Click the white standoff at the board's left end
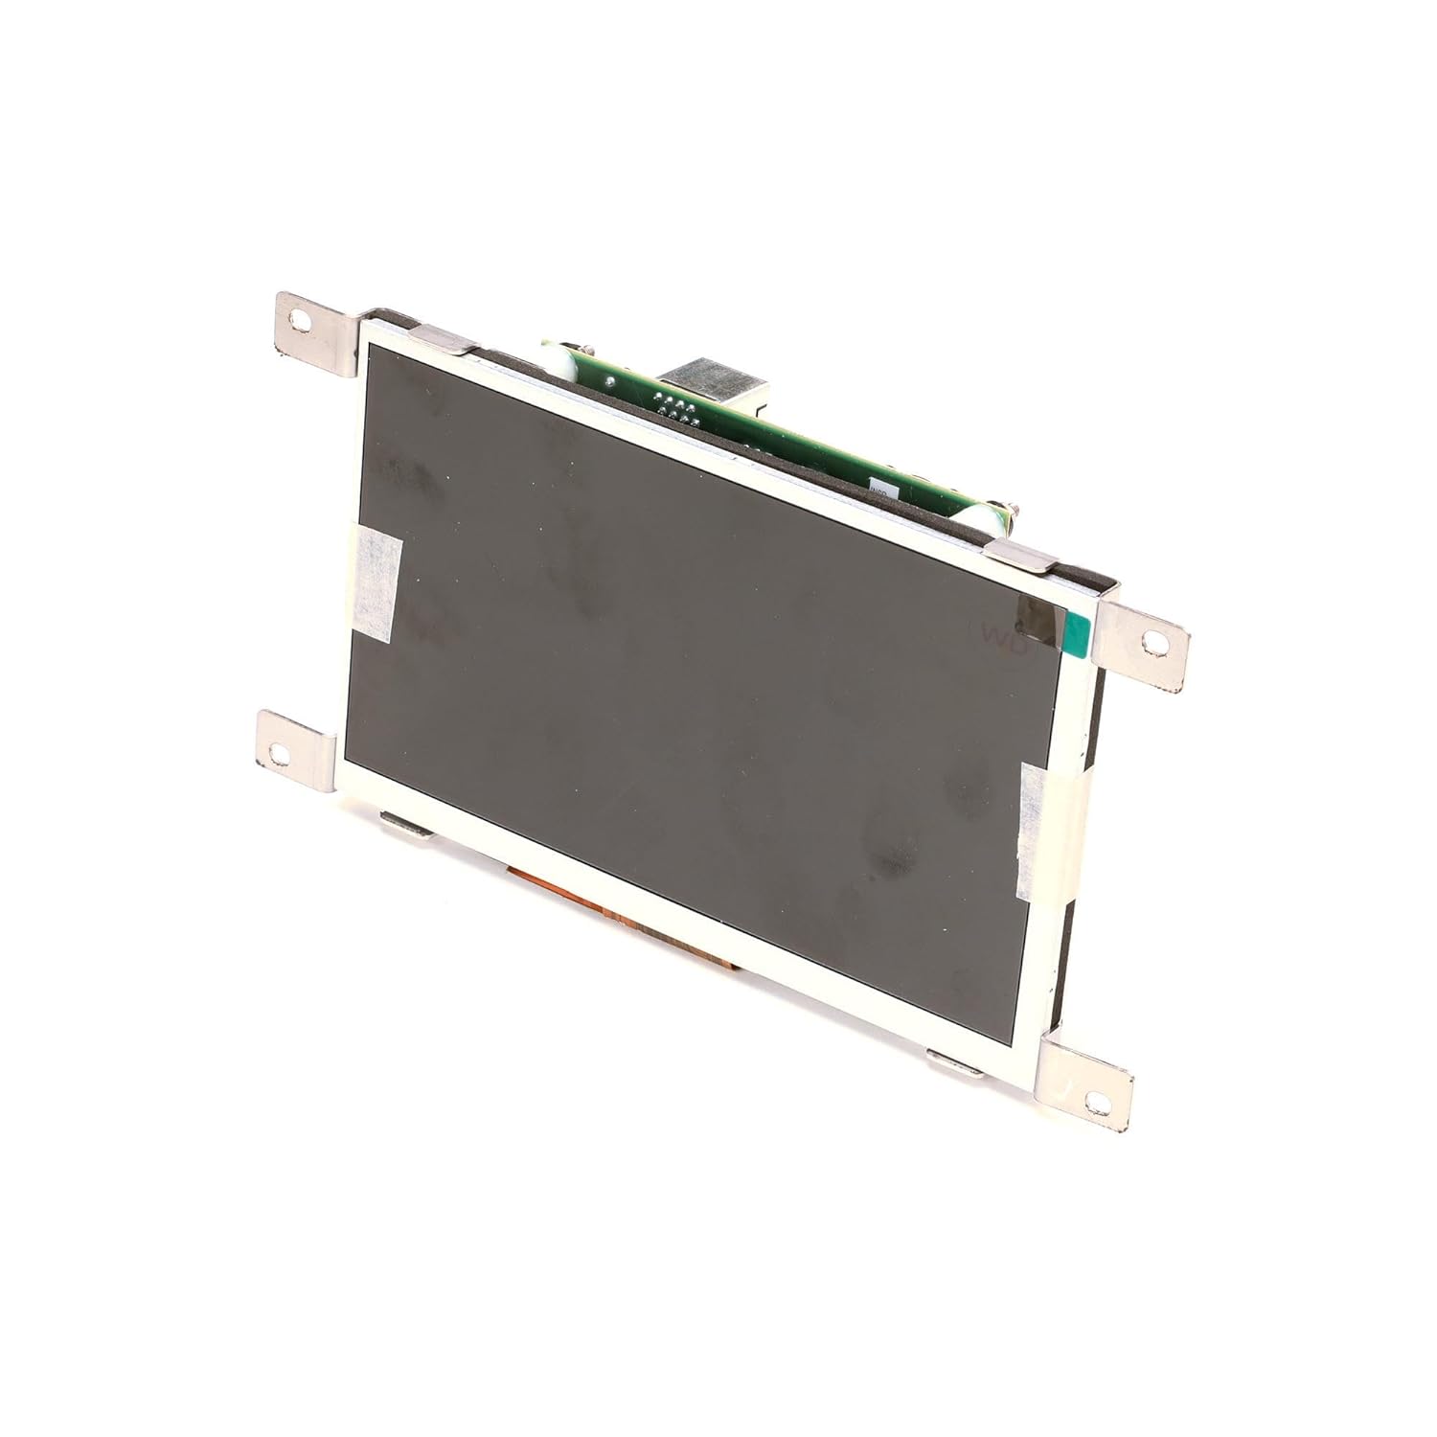[553, 361]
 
